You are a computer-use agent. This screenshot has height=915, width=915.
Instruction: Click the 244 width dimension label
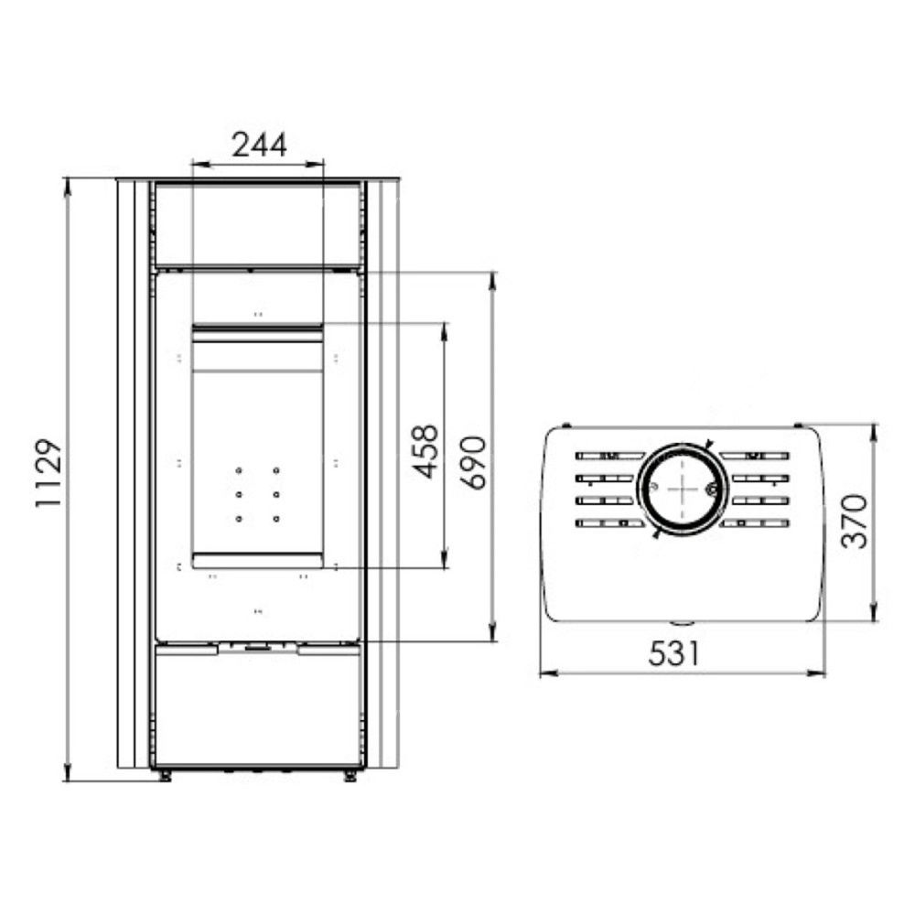259,145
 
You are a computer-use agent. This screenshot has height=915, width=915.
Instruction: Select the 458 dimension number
425,452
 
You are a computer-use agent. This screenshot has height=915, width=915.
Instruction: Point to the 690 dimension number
473,462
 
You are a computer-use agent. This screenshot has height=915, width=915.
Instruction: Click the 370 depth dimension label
855,521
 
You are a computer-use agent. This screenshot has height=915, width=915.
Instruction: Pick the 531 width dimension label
673,653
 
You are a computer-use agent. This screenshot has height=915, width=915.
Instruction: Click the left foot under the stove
164,776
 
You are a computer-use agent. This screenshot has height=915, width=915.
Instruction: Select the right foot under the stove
350,776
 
